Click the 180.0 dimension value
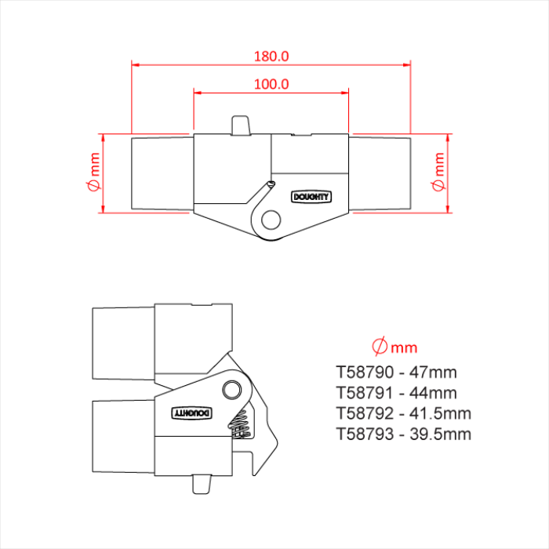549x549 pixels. click(x=271, y=56)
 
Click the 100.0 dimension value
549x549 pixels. click(x=271, y=84)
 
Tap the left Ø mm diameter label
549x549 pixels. click(x=94, y=173)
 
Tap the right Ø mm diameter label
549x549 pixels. click(x=438, y=173)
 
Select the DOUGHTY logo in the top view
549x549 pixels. click(x=311, y=197)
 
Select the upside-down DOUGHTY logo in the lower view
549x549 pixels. click(x=191, y=412)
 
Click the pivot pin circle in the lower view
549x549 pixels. click(x=231, y=390)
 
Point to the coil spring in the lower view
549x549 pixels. click(x=241, y=424)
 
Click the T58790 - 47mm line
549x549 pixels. click(x=396, y=372)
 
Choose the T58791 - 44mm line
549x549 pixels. click(x=396, y=392)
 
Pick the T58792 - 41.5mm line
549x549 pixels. click(x=403, y=413)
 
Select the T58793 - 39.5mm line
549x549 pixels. click(x=403, y=434)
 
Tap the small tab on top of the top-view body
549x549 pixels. click(x=241, y=125)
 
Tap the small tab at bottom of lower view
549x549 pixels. click(x=202, y=484)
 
